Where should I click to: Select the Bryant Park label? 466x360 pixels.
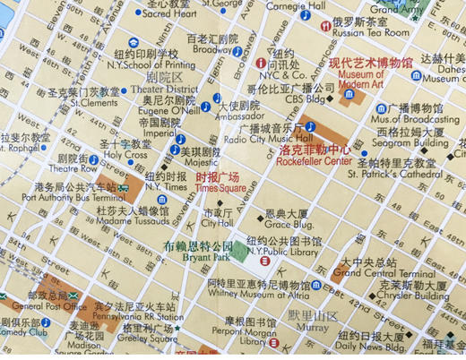198,256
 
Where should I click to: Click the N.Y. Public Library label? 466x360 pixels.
291,253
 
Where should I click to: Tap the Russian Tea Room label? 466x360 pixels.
371,32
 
